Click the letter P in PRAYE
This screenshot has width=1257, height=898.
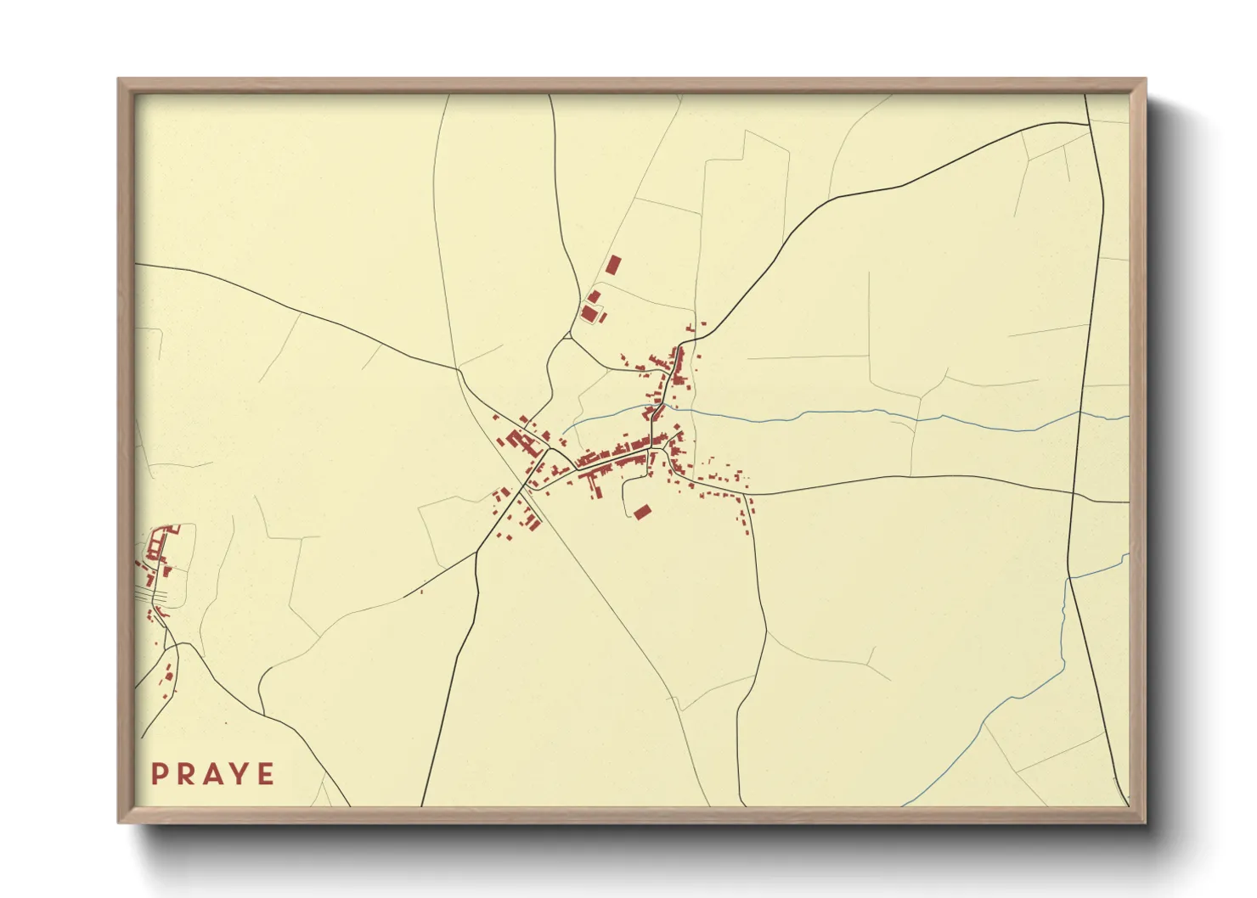(159, 774)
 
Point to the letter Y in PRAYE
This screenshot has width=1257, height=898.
(240, 774)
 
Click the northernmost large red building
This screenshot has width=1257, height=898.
(613, 264)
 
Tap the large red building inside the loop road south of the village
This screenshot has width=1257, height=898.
(642, 511)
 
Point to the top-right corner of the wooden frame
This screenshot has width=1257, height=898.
(1145, 80)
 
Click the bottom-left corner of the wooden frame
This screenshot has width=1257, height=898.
(119, 822)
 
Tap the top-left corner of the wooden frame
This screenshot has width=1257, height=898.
(119, 80)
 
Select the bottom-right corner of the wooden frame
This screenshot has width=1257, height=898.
(1145, 822)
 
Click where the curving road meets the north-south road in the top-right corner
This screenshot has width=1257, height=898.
(1090, 125)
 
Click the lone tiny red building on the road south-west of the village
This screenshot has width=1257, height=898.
(421, 591)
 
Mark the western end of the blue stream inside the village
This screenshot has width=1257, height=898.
(562, 423)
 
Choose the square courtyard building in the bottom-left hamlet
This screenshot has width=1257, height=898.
(157, 544)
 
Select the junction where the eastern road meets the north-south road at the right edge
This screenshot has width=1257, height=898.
(1074, 493)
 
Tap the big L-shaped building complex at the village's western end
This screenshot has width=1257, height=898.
(518, 440)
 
